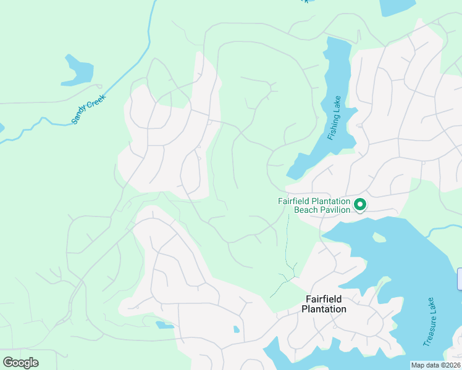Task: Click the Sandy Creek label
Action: pos(89,109)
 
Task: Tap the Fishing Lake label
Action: pos(334,117)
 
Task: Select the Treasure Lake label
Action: pos(430,322)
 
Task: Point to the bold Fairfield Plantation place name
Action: pos(325,303)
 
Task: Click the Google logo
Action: pos(20,362)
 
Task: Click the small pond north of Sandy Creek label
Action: pos(79,71)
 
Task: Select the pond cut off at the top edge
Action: pos(397,6)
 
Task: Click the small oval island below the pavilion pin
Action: pos(379,237)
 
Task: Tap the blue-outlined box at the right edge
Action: pos(460,279)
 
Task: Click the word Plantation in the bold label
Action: pos(325,309)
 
